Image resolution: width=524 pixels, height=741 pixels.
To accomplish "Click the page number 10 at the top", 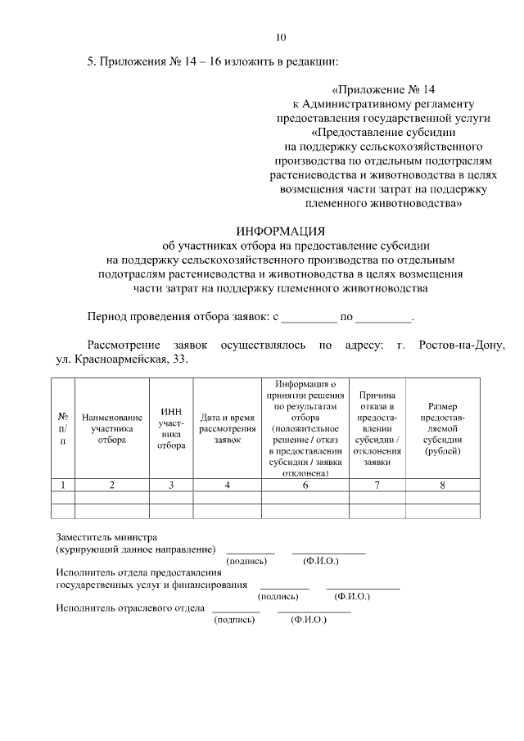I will point(281,37).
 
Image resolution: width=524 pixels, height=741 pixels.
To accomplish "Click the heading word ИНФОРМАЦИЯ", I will point(281,230).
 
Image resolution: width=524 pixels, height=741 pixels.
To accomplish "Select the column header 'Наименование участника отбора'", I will point(112,427).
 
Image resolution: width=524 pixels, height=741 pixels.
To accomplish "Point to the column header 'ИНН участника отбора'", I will point(171,428).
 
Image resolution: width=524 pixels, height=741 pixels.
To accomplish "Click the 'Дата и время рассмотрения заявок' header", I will point(228,428).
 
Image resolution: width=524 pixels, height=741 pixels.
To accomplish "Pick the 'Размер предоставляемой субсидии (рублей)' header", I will point(442,428).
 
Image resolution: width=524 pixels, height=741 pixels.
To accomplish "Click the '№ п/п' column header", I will point(63,428).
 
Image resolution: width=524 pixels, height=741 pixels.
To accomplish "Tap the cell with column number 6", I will point(306,485).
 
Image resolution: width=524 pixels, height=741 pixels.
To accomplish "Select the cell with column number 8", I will point(442,485).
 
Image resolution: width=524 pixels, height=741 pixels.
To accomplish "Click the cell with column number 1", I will point(63,485).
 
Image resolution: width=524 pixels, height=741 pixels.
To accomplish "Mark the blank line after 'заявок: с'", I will point(309,318).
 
